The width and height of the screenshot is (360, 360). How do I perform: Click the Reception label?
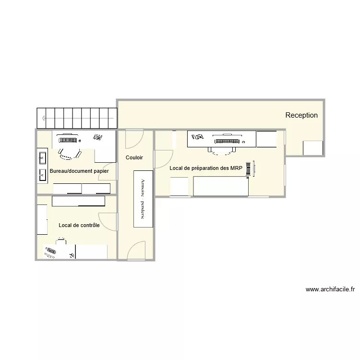301,115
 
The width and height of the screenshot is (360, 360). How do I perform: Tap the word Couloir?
134,157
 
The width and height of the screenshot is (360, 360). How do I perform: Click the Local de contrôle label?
79,225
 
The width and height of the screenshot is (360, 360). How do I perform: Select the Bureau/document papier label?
79,171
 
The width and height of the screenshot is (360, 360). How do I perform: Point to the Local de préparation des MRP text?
206,168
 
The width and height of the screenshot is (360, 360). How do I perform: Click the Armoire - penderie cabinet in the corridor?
143,199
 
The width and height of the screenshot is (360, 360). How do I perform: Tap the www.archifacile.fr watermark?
330,289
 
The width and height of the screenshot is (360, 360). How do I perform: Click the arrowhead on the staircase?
44,118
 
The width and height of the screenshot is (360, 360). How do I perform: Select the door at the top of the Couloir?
133,139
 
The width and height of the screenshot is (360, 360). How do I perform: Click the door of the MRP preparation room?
164,159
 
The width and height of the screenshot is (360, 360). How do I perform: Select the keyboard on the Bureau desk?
68,140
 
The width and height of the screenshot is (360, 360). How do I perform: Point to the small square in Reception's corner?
312,148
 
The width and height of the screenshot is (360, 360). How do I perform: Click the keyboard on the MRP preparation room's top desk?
227,141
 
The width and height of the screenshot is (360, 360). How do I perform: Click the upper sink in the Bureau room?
42,157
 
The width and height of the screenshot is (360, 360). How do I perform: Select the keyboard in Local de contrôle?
50,251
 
